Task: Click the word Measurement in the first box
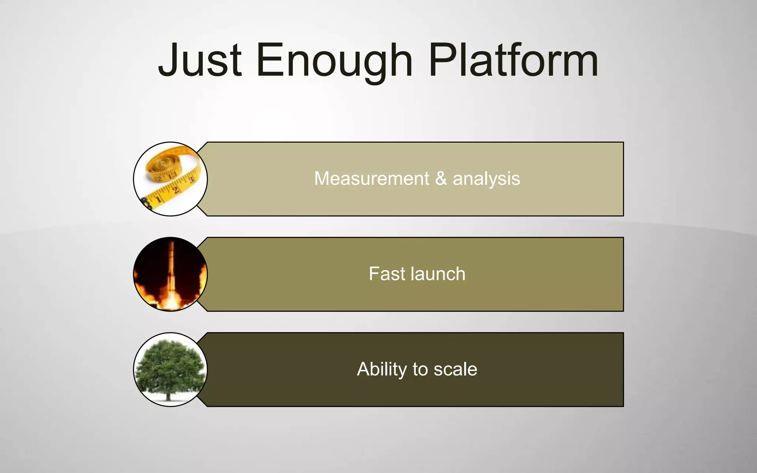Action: [371, 178]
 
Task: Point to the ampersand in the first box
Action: [441, 178]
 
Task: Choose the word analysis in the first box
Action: [486, 178]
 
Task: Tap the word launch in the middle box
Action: [438, 274]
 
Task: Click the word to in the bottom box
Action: [420, 369]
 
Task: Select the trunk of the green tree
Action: [169, 395]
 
